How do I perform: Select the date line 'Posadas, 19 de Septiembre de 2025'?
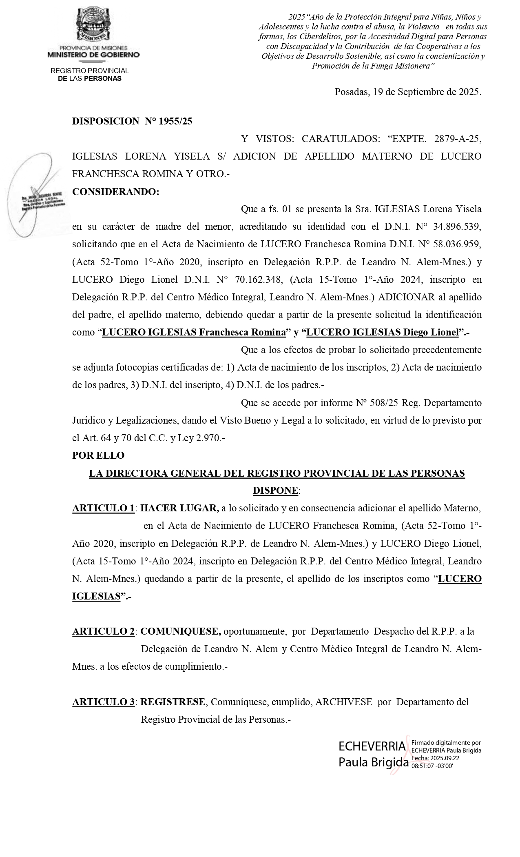407,92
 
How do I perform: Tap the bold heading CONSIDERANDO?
115,192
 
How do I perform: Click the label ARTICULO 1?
104,508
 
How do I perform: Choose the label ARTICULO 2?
104,631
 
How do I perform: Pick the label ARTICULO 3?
104,702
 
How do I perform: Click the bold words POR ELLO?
98,455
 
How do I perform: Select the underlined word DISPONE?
275,491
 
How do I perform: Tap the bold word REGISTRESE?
173,702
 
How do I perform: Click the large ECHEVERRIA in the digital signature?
372,746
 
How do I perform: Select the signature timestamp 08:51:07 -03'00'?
432,766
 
